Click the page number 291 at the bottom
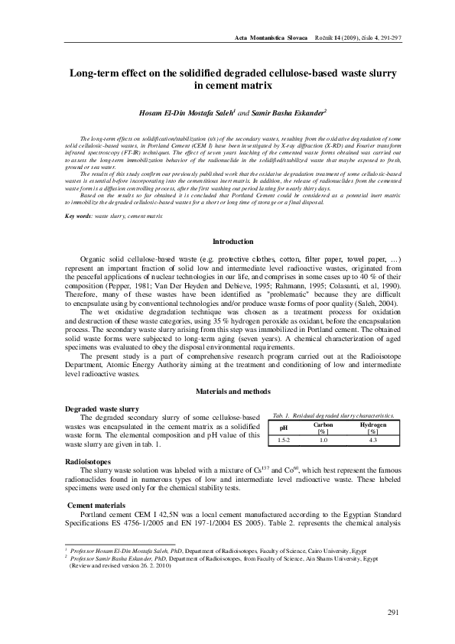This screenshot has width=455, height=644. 395,611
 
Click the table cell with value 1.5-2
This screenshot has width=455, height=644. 283,441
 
